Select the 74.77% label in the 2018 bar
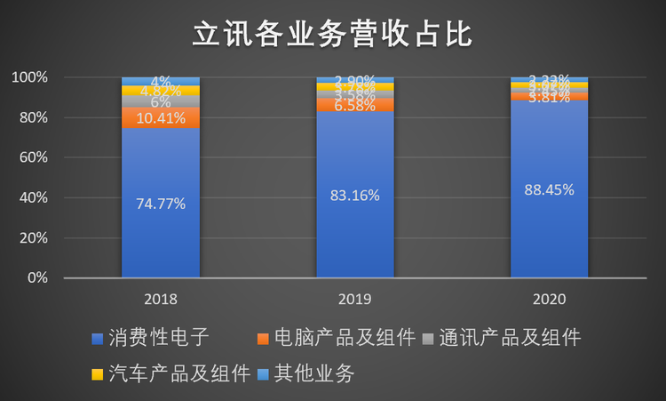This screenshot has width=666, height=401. tap(161, 204)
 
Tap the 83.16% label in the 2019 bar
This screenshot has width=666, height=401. tap(354, 195)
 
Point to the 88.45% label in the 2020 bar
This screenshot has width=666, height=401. tap(549, 189)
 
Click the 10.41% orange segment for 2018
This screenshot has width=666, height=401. tap(161, 117)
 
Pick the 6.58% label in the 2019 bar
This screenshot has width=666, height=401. tap(354, 106)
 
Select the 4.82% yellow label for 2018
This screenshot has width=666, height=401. tap(161, 91)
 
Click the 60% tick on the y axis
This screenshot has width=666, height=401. tap(31, 158)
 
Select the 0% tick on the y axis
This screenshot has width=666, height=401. tap(35, 278)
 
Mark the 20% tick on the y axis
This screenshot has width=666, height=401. tap(31, 238)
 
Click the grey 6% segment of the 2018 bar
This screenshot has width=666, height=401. tap(161, 102)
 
